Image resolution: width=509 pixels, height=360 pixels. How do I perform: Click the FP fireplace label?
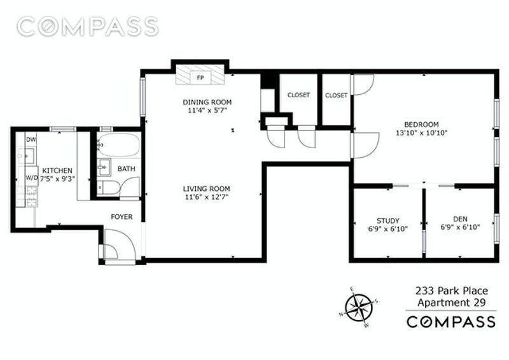click(x=200, y=78)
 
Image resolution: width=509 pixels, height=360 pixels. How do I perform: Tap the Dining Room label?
click(x=207, y=102)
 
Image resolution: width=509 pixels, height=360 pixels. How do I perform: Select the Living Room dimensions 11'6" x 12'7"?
click(x=207, y=197)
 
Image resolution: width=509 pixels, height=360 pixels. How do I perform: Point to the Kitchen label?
click(x=57, y=170)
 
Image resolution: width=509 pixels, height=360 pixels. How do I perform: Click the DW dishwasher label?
click(x=31, y=140)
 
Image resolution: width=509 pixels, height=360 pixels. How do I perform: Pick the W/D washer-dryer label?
click(x=32, y=178)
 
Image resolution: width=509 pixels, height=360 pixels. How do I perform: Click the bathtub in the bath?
click(x=119, y=145)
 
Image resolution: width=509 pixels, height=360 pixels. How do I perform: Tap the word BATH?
click(x=126, y=169)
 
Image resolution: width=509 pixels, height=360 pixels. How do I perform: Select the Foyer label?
click(x=122, y=217)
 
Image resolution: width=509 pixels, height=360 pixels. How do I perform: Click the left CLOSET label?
click(x=298, y=95)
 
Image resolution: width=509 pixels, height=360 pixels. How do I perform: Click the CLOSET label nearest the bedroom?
click(x=337, y=95)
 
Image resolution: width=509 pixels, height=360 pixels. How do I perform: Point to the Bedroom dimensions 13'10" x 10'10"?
click(x=422, y=132)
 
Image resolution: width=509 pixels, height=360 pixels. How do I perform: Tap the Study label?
click(x=388, y=221)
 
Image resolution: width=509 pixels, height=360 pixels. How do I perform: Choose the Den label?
click(x=460, y=219)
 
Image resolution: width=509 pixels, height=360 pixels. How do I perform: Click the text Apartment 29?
click(x=452, y=303)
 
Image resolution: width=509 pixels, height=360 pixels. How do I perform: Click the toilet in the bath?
click(x=108, y=188)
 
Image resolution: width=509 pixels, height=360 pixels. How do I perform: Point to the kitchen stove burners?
click(x=27, y=197)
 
